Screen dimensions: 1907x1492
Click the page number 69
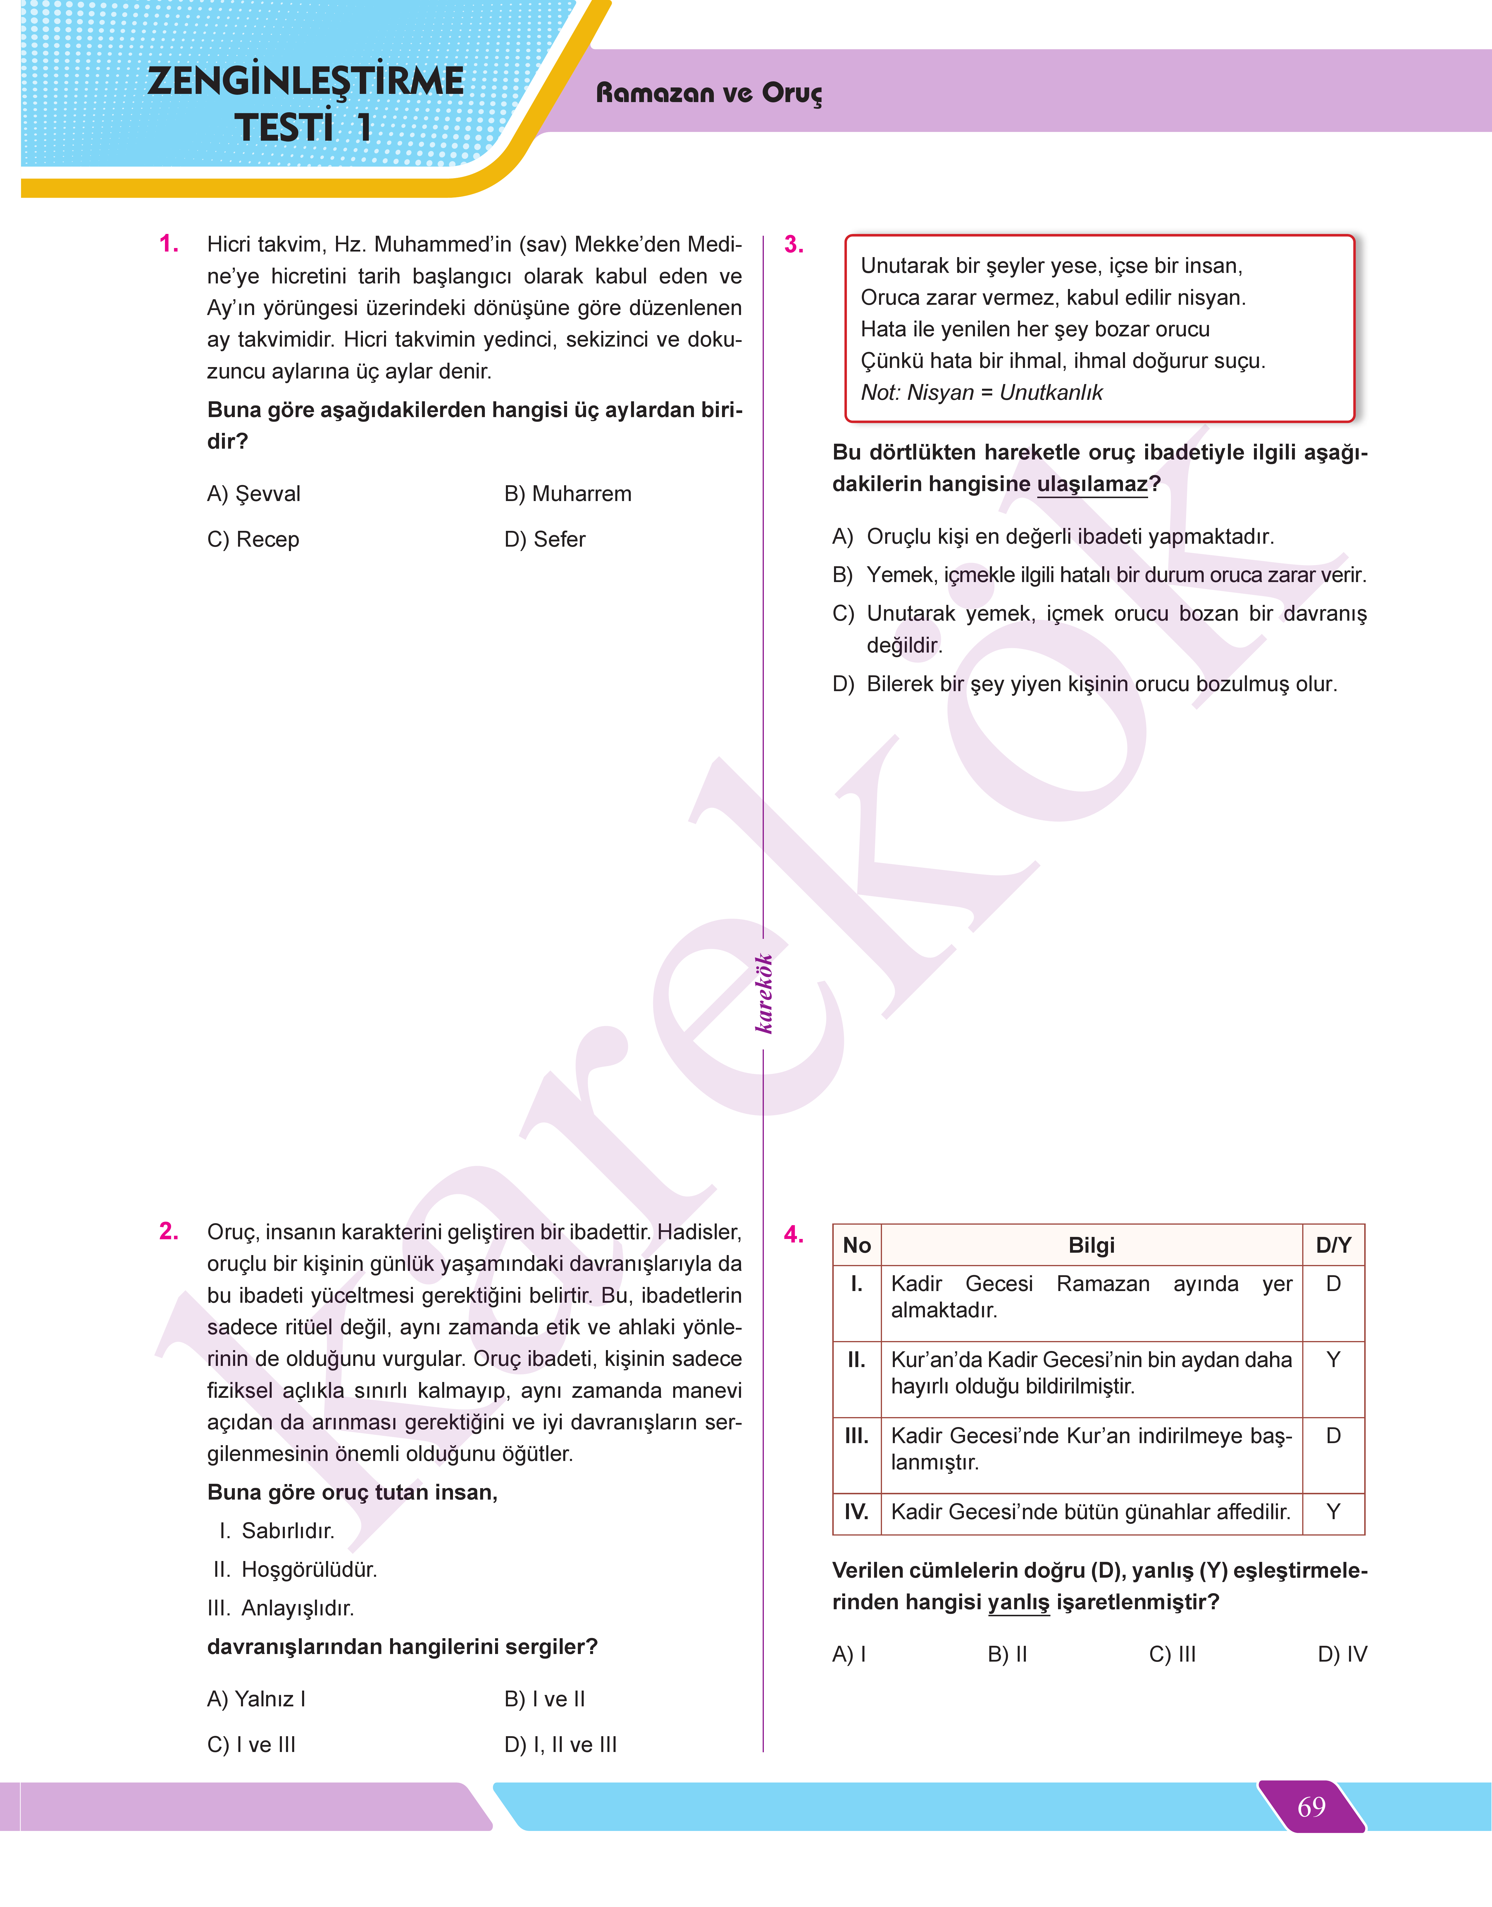pyautogui.click(x=1311, y=1806)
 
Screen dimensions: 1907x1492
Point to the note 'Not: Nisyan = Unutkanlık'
pyautogui.click(x=981, y=392)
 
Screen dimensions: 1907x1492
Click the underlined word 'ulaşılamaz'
pyautogui.click(x=1092, y=484)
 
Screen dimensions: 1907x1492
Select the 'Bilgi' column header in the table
pyautogui.click(x=1091, y=1245)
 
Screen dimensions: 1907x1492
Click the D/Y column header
pyautogui.click(x=1333, y=1245)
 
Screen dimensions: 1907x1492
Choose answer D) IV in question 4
pyautogui.click(x=1342, y=1654)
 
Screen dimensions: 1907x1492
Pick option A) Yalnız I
pyautogui.click(x=256, y=1699)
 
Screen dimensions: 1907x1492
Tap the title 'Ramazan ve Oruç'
pyautogui.click(x=709, y=93)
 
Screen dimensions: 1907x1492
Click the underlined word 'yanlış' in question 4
pyautogui.click(x=1019, y=1602)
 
